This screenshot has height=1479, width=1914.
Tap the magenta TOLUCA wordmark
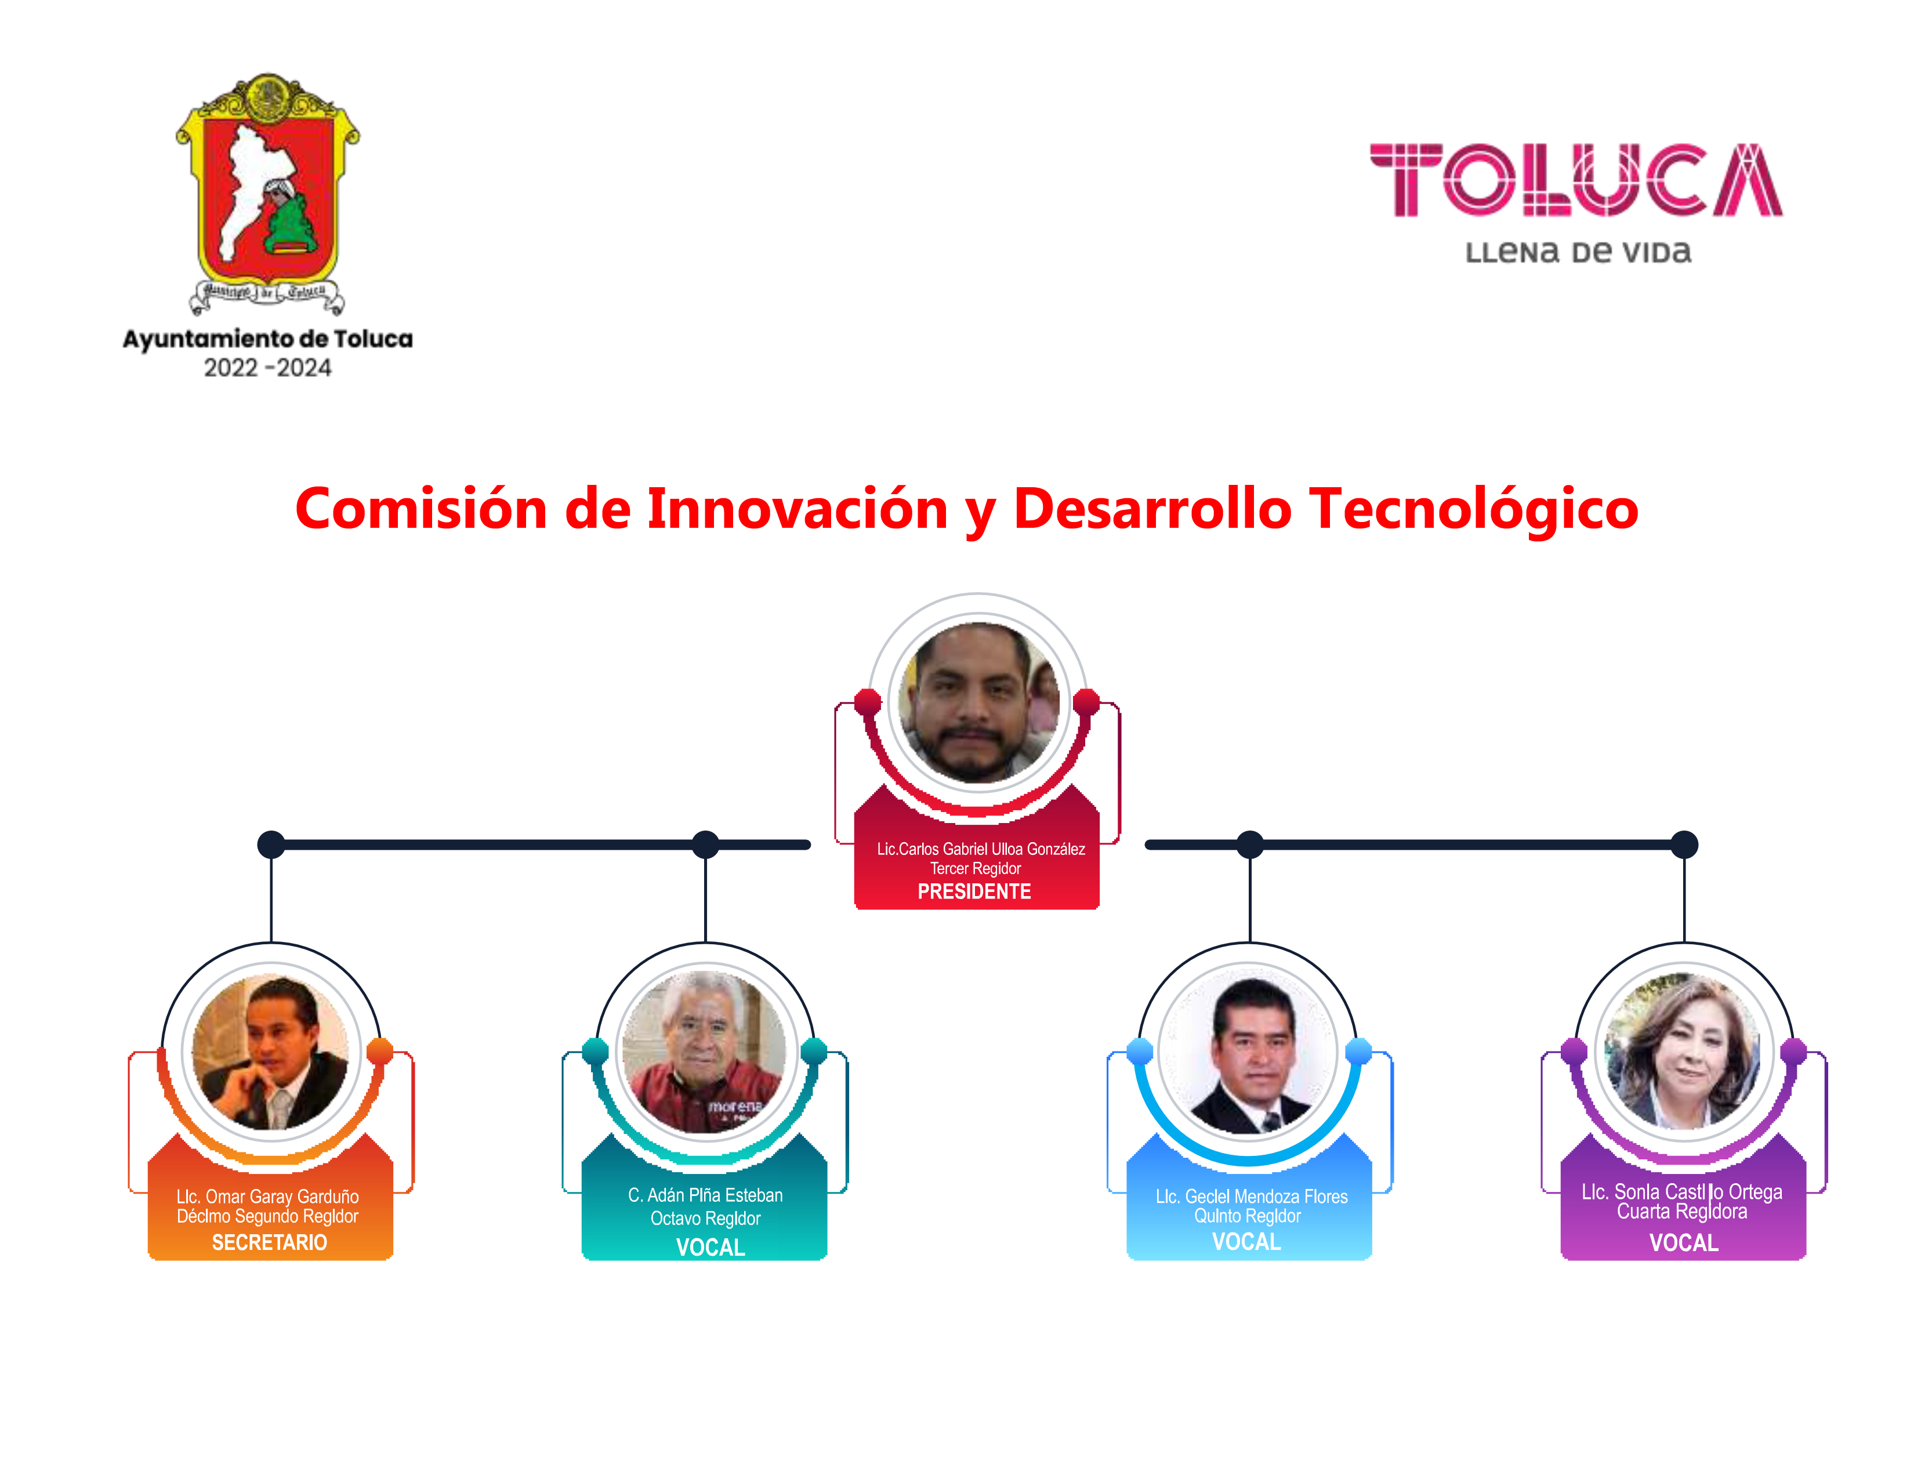tap(1576, 180)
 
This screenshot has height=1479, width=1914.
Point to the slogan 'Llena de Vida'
tap(1578, 252)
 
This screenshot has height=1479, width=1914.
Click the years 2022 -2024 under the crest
tap(267, 368)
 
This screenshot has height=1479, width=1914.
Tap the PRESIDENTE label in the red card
tap(974, 892)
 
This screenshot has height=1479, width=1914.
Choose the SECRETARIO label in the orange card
tap(269, 1242)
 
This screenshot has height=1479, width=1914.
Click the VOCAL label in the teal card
tap(710, 1248)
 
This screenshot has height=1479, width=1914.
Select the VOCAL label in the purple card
tap(1684, 1242)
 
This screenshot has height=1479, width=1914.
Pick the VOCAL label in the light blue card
tap(1246, 1242)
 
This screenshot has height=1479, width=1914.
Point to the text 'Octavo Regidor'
tap(705, 1219)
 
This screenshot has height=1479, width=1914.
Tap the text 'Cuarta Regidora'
tap(1682, 1212)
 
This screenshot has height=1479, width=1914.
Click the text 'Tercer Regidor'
tap(976, 868)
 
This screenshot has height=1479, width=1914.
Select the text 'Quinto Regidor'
tap(1247, 1216)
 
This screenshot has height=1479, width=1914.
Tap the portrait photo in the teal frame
tap(705, 1052)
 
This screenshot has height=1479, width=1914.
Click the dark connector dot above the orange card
tap(271, 844)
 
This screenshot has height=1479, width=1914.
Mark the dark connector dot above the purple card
tap(1684, 844)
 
